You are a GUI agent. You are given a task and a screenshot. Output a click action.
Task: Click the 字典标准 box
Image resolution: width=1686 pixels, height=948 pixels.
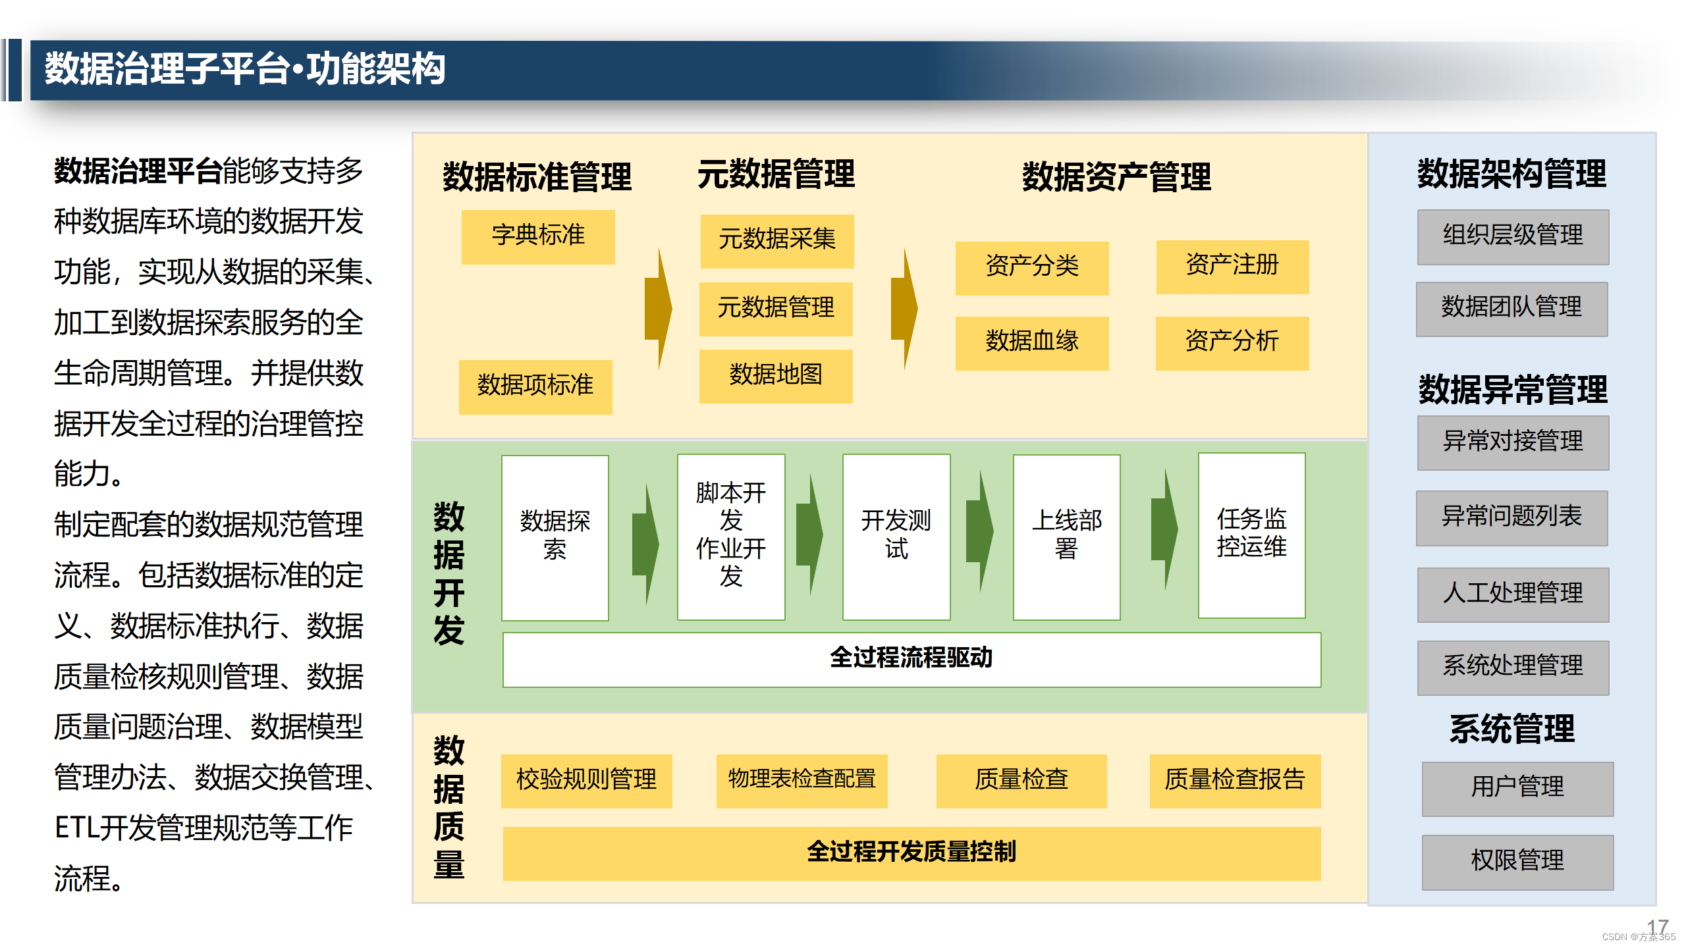pos(538,236)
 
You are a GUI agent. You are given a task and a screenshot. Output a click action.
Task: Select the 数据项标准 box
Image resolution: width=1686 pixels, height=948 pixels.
pos(535,386)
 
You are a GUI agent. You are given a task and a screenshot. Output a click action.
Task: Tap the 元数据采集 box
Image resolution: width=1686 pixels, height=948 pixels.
pos(776,240)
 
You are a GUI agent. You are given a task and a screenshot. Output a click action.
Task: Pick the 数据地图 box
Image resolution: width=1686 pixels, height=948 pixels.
pos(776,376)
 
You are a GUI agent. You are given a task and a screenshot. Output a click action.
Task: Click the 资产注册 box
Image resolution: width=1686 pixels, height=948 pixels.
pos(1232,267)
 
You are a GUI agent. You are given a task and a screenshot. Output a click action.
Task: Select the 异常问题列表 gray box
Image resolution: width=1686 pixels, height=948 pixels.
pos(1511,517)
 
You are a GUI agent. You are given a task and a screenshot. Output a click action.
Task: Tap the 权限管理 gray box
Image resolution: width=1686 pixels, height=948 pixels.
pos(1517,862)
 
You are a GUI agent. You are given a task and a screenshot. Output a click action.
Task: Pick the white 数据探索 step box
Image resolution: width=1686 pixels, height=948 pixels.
pos(555,537)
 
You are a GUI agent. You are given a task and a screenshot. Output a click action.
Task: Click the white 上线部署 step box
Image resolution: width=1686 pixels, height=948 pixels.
pos(1066,537)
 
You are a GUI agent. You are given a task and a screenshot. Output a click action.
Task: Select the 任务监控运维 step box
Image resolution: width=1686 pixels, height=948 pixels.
pos(1251,535)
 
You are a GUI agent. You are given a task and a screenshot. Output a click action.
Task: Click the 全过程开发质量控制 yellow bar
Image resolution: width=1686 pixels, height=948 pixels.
pos(911,853)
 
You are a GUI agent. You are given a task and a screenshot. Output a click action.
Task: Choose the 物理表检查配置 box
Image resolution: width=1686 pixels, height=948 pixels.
pos(802,781)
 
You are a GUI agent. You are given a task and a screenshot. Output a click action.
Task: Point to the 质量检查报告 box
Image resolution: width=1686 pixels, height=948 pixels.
pos(1235,781)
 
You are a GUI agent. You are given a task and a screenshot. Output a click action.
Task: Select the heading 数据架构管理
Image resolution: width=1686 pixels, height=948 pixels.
pos(1511,174)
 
